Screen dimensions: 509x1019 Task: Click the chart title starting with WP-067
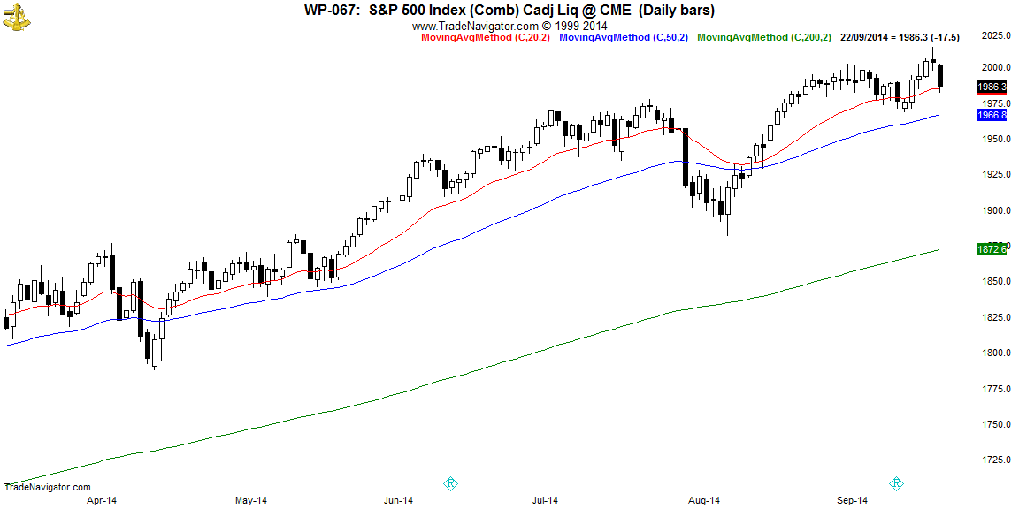[x=509, y=11]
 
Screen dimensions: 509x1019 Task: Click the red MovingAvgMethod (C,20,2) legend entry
[x=484, y=37]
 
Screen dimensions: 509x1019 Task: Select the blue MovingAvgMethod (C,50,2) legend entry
[x=624, y=37]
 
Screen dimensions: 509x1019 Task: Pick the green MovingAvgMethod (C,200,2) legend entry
[x=764, y=37]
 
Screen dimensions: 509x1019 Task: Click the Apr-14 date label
[x=102, y=501]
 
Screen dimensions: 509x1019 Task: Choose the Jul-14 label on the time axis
[x=544, y=501]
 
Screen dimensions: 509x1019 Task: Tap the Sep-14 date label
[x=850, y=501]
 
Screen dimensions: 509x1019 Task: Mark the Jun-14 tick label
[x=398, y=501]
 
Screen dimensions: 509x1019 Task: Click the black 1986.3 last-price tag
[x=992, y=87]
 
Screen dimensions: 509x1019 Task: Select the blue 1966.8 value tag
[x=992, y=115]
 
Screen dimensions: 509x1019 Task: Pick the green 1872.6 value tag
[x=992, y=249]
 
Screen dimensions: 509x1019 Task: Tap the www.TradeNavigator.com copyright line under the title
[x=509, y=26]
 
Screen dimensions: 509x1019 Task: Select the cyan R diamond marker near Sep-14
[x=896, y=483]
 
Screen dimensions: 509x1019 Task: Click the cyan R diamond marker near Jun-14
[x=449, y=483]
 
